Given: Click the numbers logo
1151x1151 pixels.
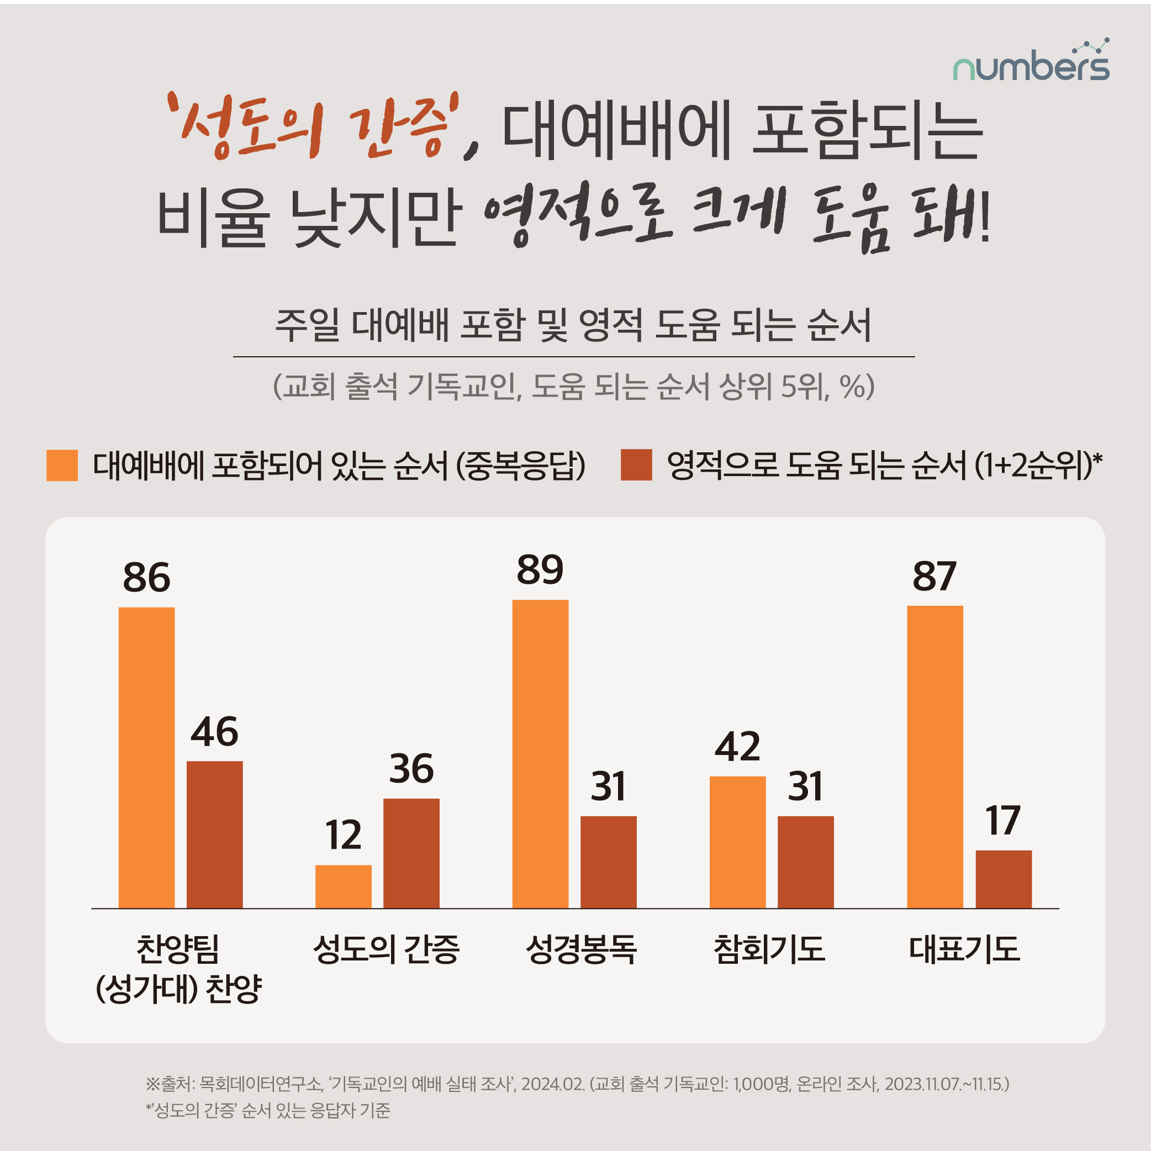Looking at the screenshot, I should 1031,62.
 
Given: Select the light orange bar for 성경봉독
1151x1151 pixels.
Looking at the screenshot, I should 540,754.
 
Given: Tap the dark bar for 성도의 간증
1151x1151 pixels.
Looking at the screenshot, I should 411,853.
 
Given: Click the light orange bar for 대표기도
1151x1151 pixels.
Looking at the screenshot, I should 934,757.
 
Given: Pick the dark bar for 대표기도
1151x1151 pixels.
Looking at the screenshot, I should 1003,879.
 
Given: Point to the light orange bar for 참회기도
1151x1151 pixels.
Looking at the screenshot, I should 737,842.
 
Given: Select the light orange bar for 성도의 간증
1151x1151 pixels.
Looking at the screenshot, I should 343,886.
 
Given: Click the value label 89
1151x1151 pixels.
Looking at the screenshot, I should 540,569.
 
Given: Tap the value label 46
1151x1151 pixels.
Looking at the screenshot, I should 214,732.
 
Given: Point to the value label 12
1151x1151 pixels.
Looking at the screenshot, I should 343,835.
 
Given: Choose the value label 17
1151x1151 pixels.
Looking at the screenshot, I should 1003,820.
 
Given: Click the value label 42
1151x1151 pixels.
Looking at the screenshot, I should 737,747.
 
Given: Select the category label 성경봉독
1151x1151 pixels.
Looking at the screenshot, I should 581,949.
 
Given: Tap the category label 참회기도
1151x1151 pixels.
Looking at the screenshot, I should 769,949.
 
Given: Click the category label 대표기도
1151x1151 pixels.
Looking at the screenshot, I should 964,949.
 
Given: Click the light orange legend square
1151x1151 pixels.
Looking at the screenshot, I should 62,465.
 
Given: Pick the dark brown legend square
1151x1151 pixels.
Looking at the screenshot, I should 636,465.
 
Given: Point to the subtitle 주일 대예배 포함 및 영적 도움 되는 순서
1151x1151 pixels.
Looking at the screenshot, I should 573,325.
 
